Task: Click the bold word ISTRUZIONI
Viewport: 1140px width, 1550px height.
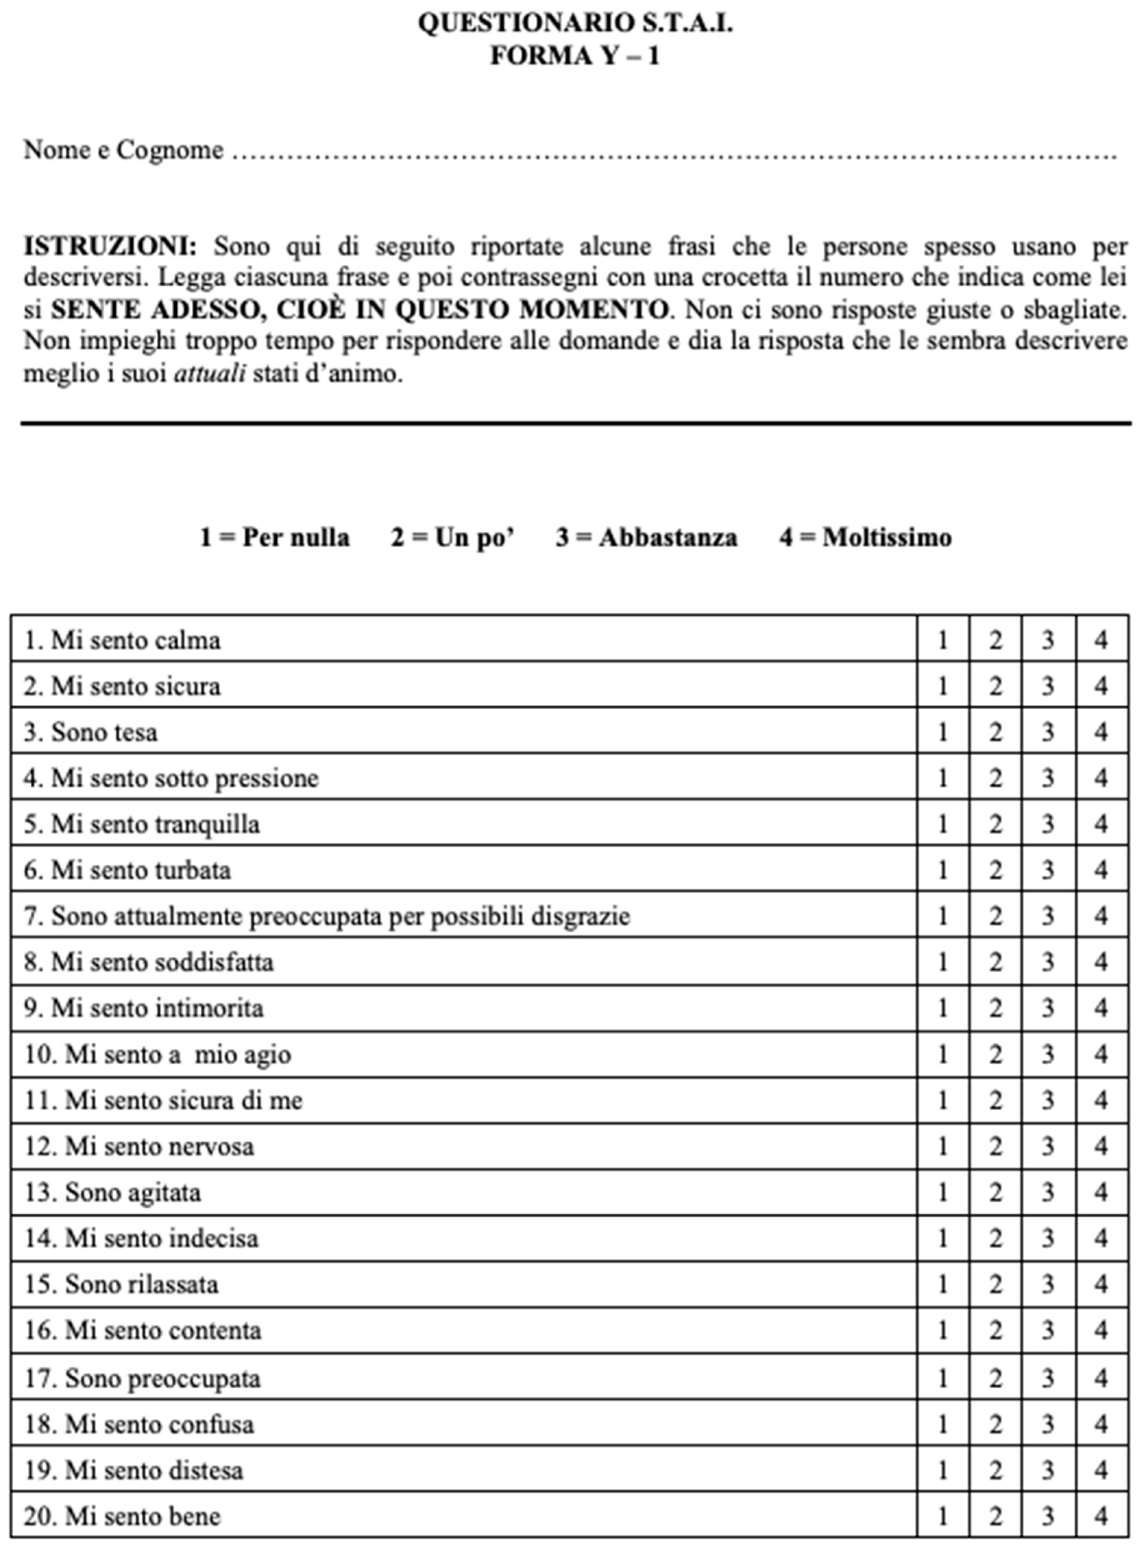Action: [x=110, y=246]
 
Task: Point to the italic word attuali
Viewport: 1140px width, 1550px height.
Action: [x=209, y=374]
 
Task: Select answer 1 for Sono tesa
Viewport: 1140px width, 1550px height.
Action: [x=943, y=732]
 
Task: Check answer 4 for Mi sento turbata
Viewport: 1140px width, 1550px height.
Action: [x=1101, y=870]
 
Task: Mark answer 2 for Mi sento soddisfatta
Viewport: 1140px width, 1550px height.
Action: [x=995, y=962]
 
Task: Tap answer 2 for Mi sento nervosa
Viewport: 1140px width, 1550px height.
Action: [x=995, y=1146]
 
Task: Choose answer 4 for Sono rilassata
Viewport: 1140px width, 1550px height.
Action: [x=1101, y=1284]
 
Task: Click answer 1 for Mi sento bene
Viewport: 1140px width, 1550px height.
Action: [x=943, y=1516]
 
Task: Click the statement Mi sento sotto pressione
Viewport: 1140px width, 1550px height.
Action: [x=171, y=778]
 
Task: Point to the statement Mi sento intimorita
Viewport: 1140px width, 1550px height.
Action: [x=144, y=1008]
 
